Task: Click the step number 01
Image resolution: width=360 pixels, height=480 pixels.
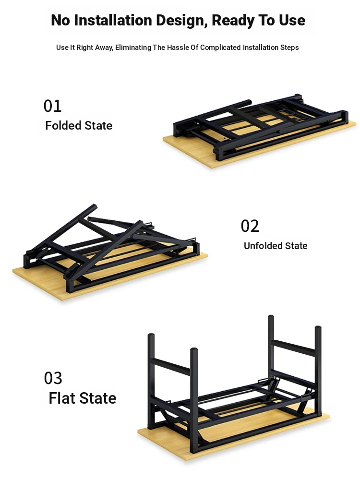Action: tap(53, 106)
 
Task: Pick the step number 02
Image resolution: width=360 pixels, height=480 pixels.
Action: tap(250, 226)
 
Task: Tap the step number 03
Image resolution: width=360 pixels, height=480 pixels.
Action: tap(53, 378)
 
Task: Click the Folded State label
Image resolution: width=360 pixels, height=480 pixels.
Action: tap(79, 125)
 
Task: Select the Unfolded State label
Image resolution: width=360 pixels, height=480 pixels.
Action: tap(276, 246)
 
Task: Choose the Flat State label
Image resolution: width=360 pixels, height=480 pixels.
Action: tap(83, 398)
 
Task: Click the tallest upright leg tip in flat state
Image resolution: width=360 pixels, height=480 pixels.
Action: tap(271, 316)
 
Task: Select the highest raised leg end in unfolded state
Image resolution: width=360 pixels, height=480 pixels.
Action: tap(95, 206)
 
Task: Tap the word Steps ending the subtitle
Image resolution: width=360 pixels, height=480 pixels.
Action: tap(289, 48)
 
